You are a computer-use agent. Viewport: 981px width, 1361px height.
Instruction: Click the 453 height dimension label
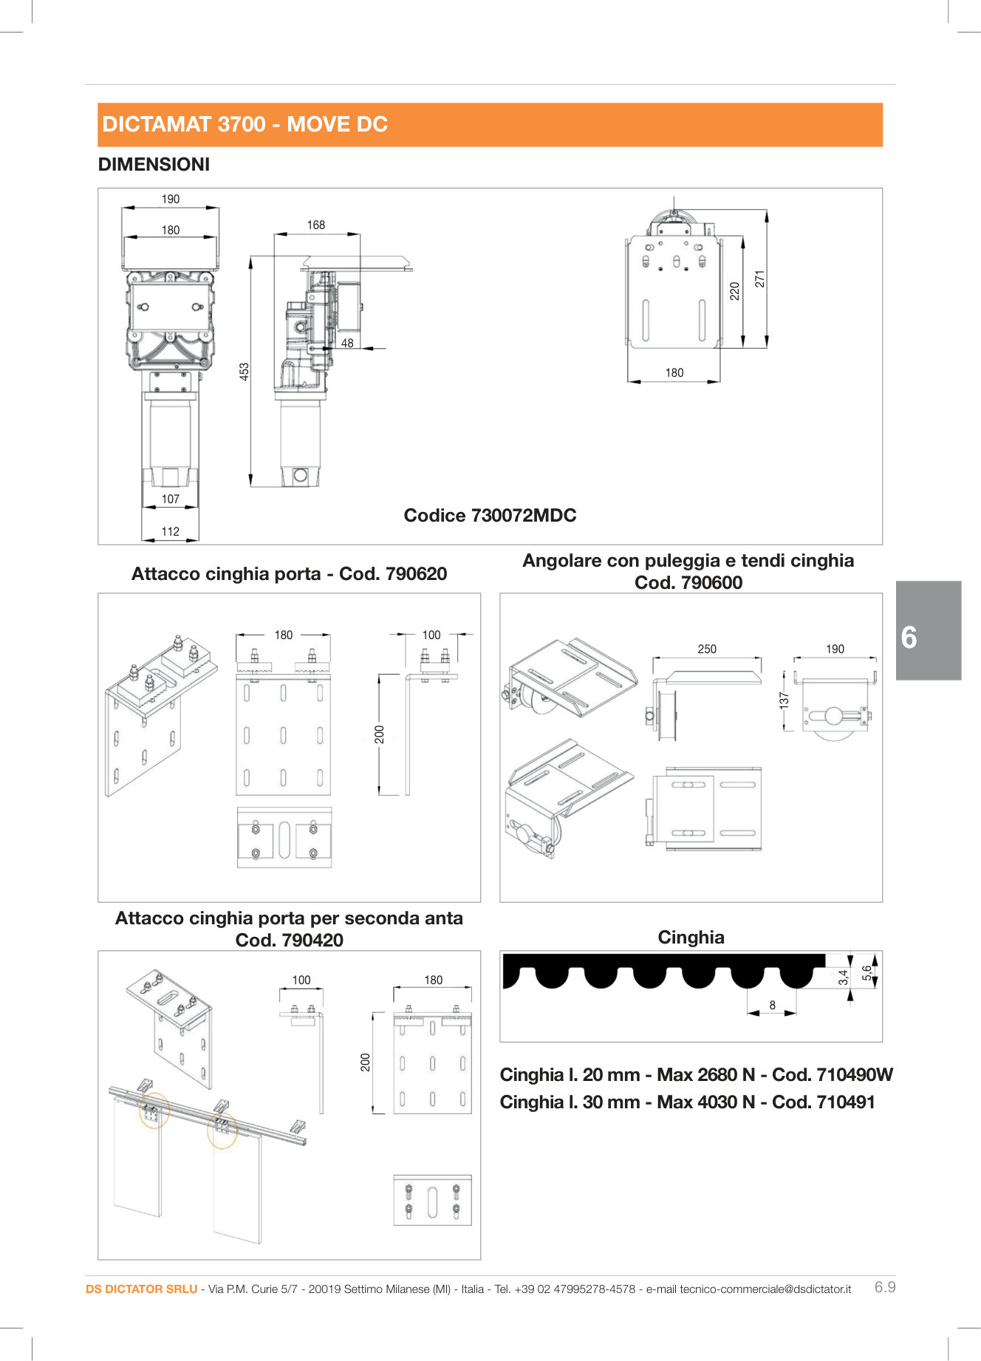(245, 371)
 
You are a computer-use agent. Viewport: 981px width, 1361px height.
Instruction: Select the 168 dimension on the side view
(316, 225)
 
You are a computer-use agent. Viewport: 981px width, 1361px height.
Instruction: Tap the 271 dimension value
(759, 279)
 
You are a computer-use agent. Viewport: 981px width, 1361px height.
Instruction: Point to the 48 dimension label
(347, 343)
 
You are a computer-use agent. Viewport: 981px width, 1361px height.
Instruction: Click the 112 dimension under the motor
(170, 531)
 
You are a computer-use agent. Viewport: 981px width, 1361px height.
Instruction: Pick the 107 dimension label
(170, 499)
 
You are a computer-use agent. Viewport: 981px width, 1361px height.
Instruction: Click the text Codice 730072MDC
(490, 515)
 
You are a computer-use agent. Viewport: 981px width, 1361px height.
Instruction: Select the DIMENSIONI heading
(154, 164)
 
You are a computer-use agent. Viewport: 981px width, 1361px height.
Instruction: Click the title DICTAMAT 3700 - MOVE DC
(245, 124)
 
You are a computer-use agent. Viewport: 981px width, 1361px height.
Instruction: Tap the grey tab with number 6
(928, 630)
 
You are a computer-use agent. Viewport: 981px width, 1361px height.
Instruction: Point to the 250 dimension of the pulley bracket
(707, 649)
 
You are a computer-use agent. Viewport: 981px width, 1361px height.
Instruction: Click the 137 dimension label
(785, 700)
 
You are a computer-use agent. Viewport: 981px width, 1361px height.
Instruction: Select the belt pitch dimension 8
(773, 1005)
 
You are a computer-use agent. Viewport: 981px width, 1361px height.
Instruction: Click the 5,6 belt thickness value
(867, 972)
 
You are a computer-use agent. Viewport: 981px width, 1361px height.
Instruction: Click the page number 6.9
(884, 1287)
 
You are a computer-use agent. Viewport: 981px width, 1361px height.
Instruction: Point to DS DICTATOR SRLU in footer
(141, 1289)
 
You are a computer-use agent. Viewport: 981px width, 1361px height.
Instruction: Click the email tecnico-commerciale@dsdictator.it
(765, 1289)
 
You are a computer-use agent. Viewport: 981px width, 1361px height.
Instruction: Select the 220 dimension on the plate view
(734, 290)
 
